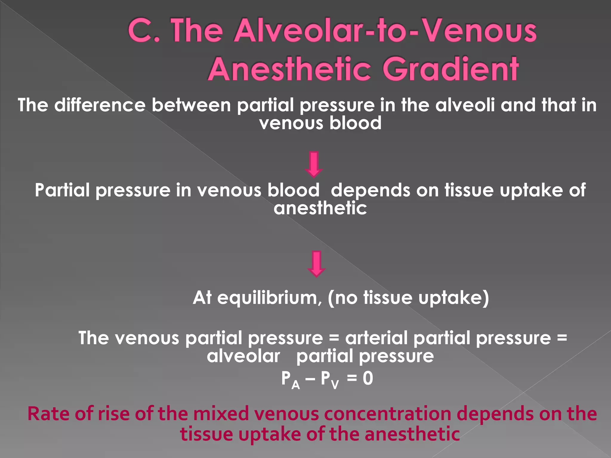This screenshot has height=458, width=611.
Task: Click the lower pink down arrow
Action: pos(316,264)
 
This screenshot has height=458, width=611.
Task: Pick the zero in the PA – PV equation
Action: pos(368,378)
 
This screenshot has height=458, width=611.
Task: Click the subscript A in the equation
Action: pos(295,385)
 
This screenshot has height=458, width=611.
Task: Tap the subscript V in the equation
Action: pos(335,385)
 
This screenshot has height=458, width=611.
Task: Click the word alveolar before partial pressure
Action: pos(243,356)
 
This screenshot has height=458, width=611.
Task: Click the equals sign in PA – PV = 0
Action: pos(352,378)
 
